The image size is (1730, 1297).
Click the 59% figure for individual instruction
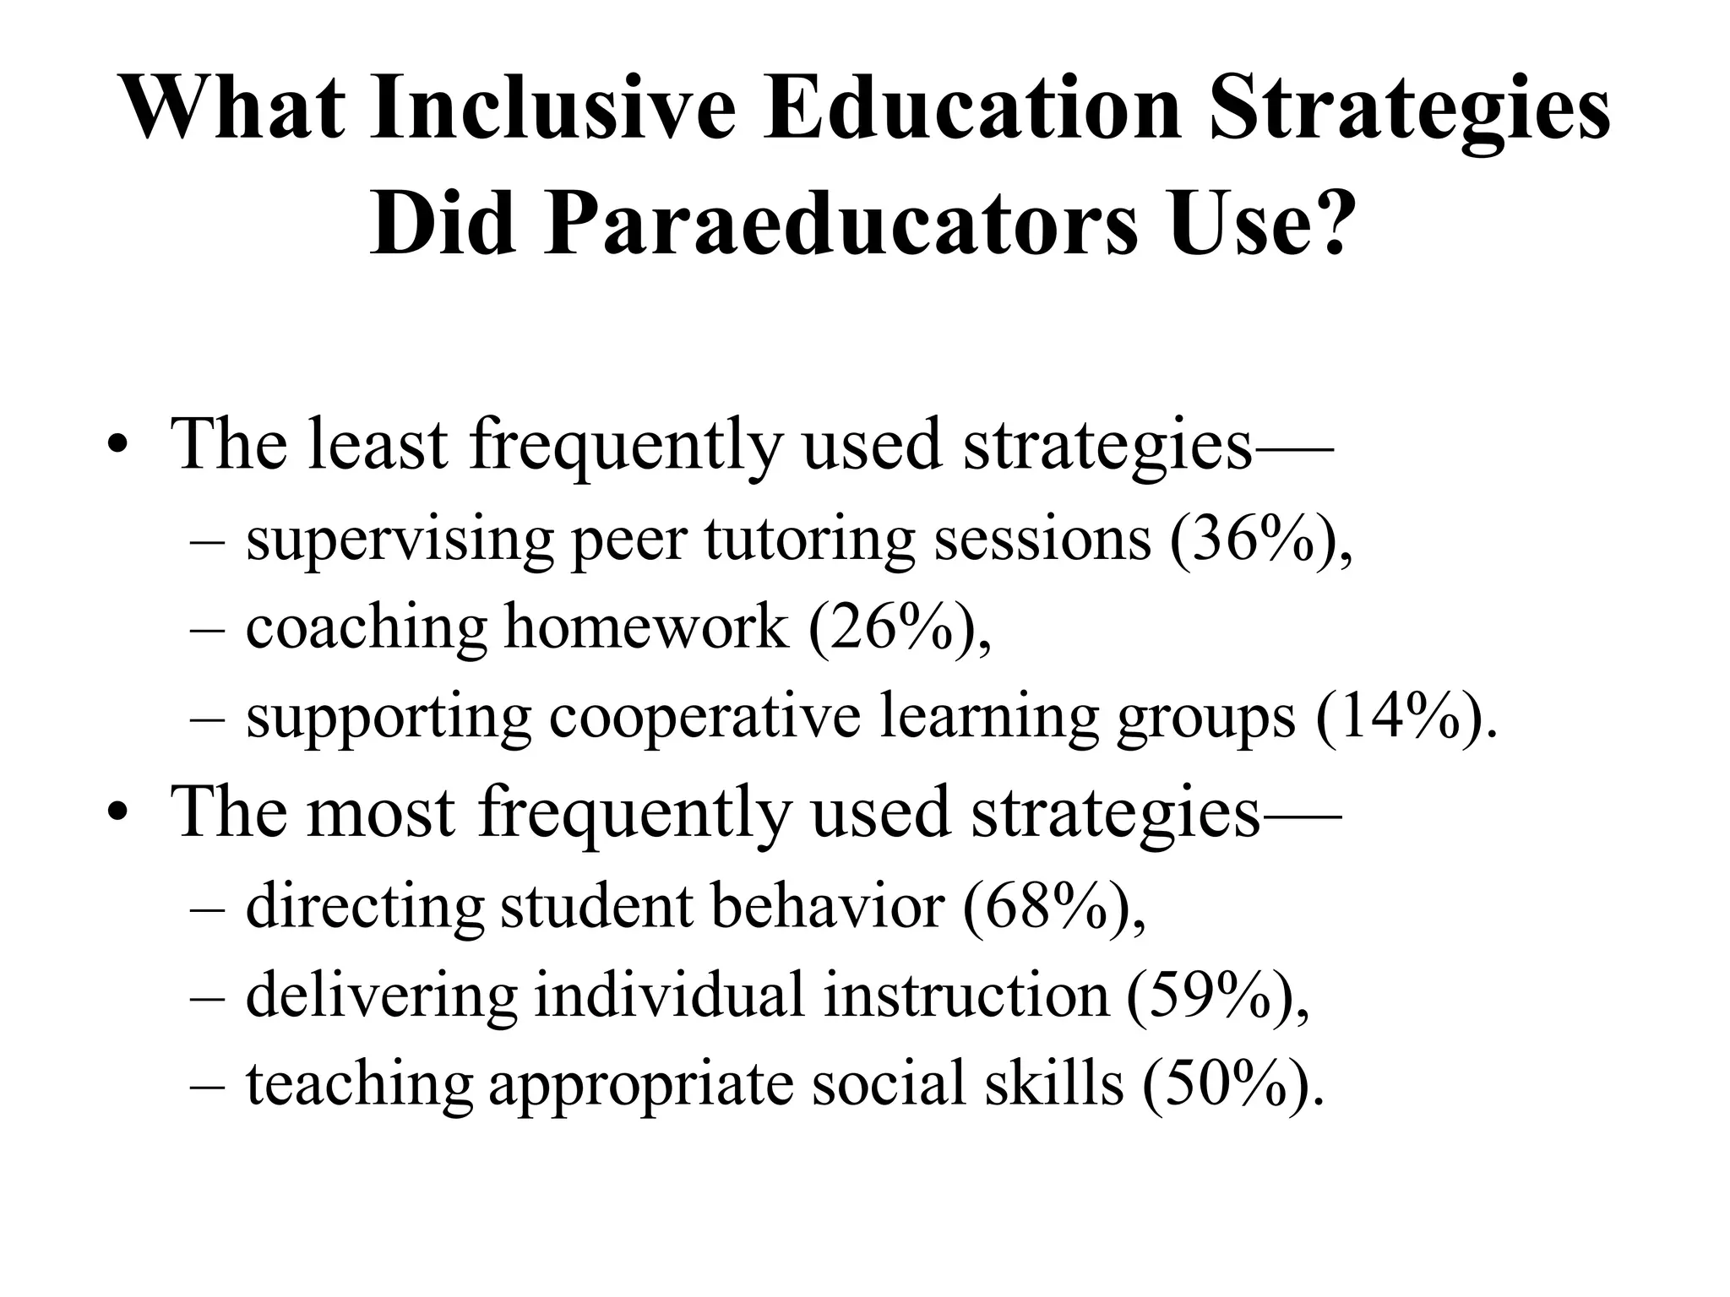pos(1208,996)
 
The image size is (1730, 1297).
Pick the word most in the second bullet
pos(381,811)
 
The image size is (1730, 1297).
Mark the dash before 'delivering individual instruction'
pos(208,996)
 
